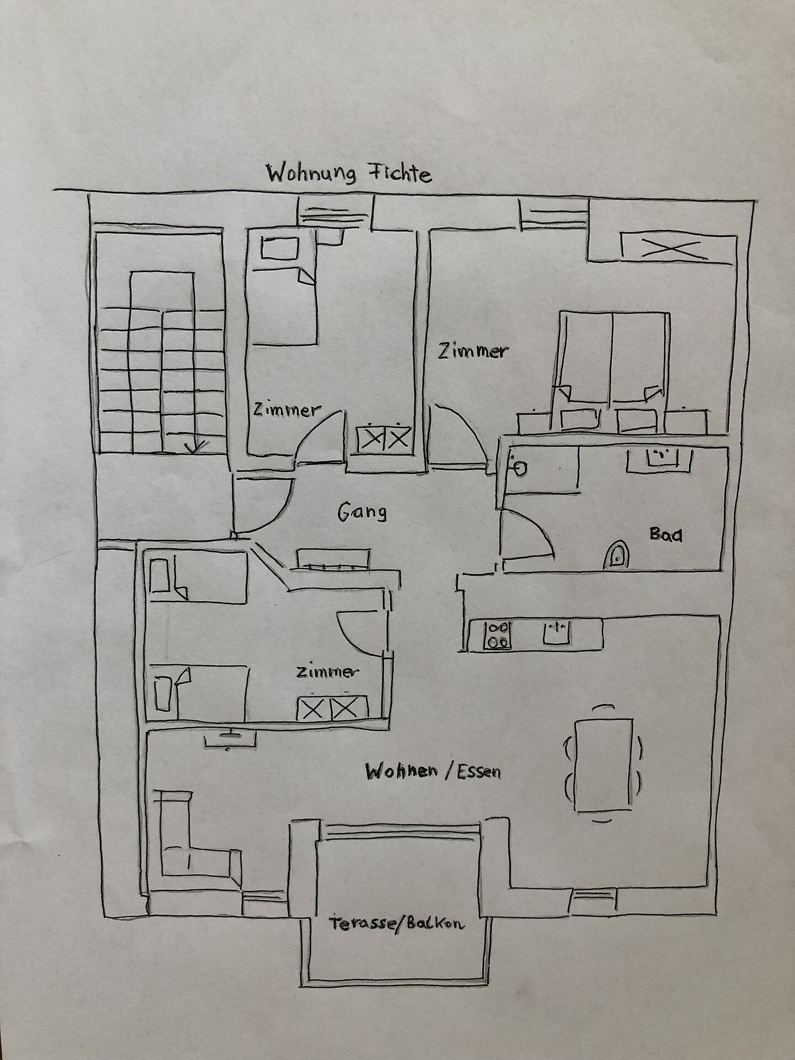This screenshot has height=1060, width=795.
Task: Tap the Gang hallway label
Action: pyautogui.click(x=362, y=512)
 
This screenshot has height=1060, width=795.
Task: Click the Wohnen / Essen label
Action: pyautogui.click(x=433, y=771)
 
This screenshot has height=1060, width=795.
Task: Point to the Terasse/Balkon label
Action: pyautogui.click(x=396, y=924)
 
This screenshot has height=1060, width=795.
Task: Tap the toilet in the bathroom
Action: pyautogui.click(x=617, y=554)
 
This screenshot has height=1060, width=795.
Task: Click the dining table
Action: pyautogui.click(x=603, y=765)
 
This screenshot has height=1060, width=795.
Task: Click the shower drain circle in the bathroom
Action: pyautogui.click(x=520, y=468)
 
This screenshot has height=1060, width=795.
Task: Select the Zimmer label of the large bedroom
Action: pyautogui.click(x=473, y=351)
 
